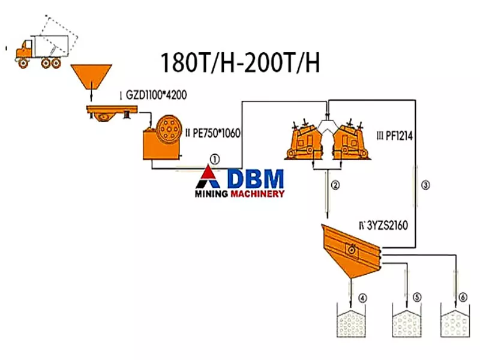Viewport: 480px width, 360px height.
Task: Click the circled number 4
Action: click(362, 298)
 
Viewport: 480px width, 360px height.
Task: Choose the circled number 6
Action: click(462, 298)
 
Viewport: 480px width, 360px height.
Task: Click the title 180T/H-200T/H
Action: click(239, 62)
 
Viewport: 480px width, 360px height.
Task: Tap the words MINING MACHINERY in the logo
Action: click(239, 194)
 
